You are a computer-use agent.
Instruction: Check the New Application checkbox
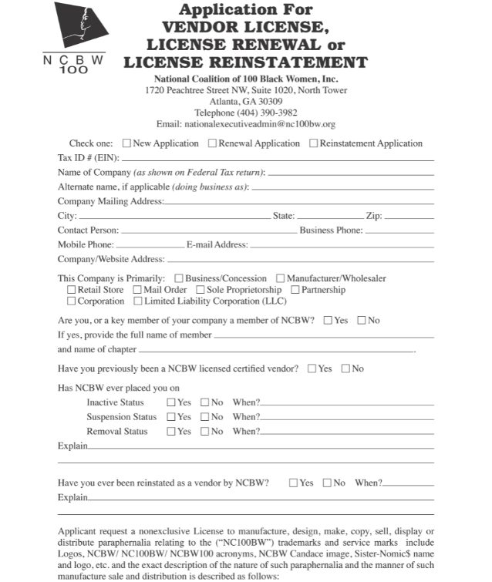point(126,143)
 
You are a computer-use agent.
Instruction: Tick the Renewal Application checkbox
point(213,143)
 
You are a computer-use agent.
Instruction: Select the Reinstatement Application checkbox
point(314,143)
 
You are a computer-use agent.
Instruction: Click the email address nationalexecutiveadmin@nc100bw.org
point(246,124)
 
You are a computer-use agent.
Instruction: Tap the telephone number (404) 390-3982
point(246,113)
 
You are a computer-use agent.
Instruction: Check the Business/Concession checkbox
point(179,278)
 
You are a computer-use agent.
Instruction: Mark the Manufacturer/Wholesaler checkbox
point(281,278)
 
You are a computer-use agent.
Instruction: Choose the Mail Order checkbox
point(136,290)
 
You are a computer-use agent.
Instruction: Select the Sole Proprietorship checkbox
point(200,290)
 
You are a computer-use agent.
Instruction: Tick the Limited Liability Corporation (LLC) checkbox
point(138,301)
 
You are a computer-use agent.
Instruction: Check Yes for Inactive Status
point(171,402)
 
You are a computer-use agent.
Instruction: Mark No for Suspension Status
point(205,417)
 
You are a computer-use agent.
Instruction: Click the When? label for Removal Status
point(246,432)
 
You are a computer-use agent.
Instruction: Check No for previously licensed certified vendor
point(345,368)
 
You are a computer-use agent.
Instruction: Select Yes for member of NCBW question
point(329,320)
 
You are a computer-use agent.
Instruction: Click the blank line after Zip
point(409,217)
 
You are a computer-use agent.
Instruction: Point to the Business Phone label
point(331,230)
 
